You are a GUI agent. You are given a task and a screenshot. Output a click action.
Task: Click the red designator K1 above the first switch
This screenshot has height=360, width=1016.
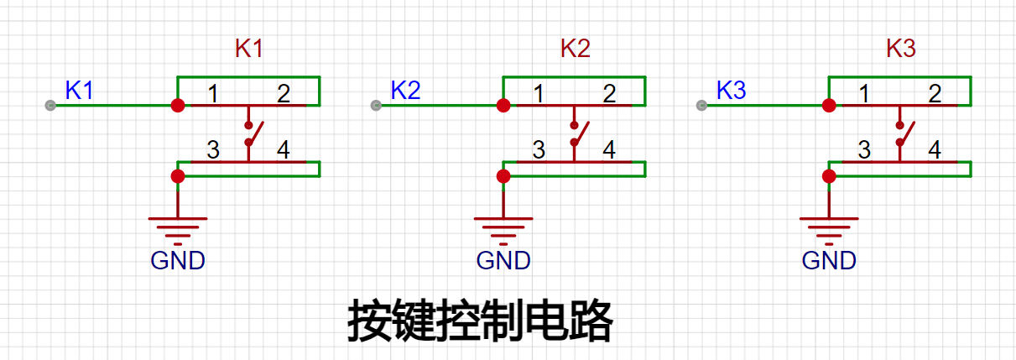click(249, 48)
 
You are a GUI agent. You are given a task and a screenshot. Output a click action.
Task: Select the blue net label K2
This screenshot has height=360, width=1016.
click(405, 91)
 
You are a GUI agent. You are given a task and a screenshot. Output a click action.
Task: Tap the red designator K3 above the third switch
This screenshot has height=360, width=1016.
click(901, 48)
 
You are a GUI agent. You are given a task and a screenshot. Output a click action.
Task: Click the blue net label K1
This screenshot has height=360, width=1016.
click(80, 91)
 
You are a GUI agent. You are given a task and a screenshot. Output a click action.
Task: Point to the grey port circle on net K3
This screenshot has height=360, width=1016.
click(701, 106)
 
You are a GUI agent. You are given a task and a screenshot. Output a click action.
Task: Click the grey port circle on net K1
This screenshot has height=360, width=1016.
click(50, 106)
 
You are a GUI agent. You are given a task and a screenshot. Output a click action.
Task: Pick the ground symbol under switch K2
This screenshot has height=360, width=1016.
click(503, 232)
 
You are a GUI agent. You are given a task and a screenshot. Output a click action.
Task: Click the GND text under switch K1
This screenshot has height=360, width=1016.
click(178, 261)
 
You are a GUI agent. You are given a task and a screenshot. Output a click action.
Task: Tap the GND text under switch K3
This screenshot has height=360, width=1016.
click(829, 261)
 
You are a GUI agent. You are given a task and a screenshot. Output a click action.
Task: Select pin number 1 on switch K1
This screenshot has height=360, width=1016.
click(213, 94)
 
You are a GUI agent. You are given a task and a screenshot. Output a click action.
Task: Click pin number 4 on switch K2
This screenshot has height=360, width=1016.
click(609, 149)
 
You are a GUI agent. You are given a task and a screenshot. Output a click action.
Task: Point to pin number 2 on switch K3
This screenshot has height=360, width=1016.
click(935, 94)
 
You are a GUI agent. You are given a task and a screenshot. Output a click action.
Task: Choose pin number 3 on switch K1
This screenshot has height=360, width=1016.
click(213, 149)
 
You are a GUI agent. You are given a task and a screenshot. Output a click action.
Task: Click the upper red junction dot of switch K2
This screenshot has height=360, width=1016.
click(503, 106)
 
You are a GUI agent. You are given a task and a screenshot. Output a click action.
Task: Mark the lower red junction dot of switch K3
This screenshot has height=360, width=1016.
click(829, 176)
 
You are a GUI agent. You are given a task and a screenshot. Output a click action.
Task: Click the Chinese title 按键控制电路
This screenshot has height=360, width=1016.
click(481, 320)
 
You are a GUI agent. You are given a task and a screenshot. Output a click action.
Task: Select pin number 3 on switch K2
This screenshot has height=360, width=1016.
click(539, 149)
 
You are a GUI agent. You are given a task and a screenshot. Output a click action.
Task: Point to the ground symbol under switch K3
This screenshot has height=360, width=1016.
click(829, 232)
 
